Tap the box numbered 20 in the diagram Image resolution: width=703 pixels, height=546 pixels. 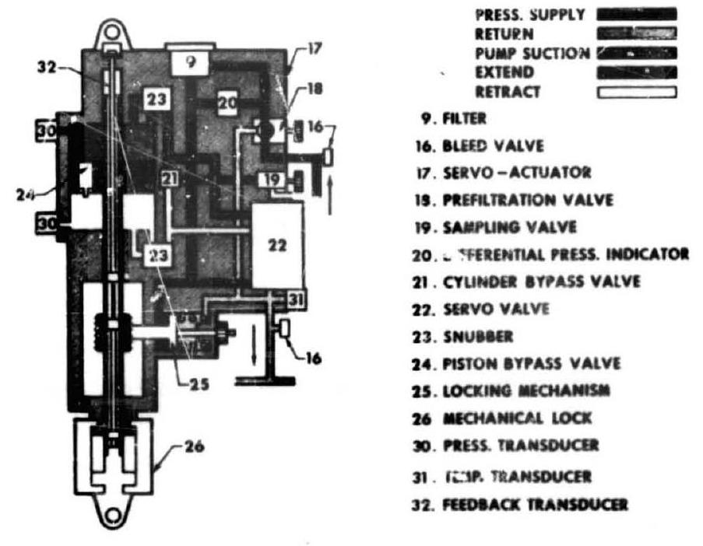[227, 103]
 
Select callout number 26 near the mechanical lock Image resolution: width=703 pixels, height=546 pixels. [195, 448]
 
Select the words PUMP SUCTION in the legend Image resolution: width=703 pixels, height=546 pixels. [532, 54]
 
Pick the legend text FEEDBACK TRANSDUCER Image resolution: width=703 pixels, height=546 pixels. [534, 504]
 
